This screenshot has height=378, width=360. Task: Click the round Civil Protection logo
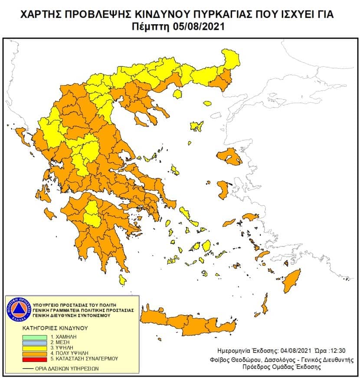(x=18, y=310)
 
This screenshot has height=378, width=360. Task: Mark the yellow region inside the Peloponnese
(x=92, y=214)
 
